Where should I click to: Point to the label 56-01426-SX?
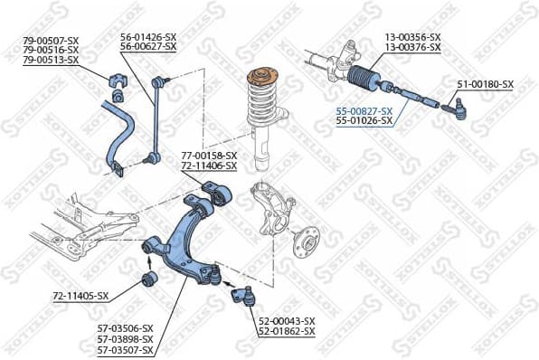click(x=148, y=37)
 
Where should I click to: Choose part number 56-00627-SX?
click(x=148, y=48)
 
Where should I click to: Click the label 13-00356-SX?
click(x=412, y=36)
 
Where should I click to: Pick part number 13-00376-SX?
click(x=412, y=47)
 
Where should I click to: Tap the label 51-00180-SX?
click(x=485, y=84)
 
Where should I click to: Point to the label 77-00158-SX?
click(x=209, y=156)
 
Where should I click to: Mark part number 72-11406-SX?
click(x=209, y=166)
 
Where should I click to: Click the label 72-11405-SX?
click(x=80, y=296)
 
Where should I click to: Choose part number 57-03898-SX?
click(x=125, y=339)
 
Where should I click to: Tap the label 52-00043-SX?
click(x=287, y=321)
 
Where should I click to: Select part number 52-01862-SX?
click(x=287, y=332)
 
